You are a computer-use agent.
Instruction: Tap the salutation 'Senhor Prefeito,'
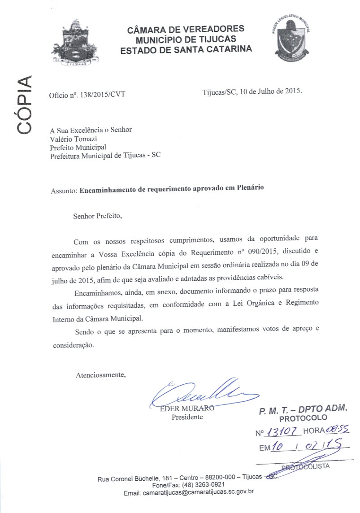pyautogui.click(x=98, y=216)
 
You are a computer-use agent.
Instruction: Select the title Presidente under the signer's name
pyautogui.click(x=187, y=417)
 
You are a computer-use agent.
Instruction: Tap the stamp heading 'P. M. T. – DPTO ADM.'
pyautogui.click(x=303, y=410)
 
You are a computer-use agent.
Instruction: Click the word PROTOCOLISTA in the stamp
pyautogui.click(x=307, y=466)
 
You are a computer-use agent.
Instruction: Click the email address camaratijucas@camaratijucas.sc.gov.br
pyautogui.click(x=199, y=492)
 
